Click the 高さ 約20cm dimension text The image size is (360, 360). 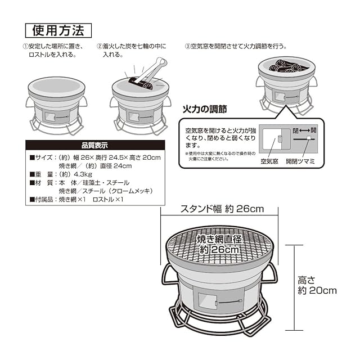(x=317, y=285)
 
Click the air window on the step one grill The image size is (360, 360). (x=50, y=117)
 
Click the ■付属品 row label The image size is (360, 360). (x=43, y=199)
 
